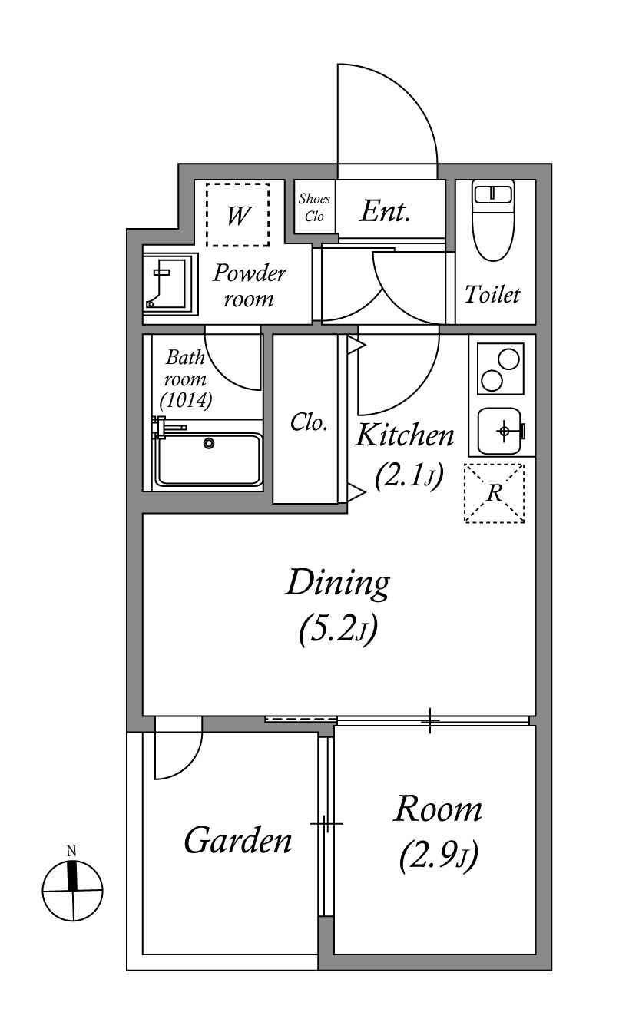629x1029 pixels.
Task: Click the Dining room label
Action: tap(338, 583)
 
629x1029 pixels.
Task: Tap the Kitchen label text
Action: tap(405, 435)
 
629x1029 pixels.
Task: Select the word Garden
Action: tap(238, 840)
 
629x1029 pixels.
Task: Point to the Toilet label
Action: tap(492, 294)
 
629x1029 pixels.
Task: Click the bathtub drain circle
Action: tap(209, 443)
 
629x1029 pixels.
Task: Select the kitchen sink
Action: tap(501, 432)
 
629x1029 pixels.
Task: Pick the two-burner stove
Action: tap(500, 369)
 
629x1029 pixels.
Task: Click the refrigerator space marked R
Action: tap(494, 493)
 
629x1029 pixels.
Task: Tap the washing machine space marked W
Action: tap(237, 214)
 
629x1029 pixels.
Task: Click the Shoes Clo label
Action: tap(314, 207)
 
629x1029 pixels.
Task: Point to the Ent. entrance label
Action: tap(385, 211)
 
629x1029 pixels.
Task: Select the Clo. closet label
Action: tap(308, 422)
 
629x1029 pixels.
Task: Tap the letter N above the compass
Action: tap(71, 851)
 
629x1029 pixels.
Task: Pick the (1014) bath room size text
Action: tap(186, 400)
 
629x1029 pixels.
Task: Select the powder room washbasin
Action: tap(170, 283)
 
